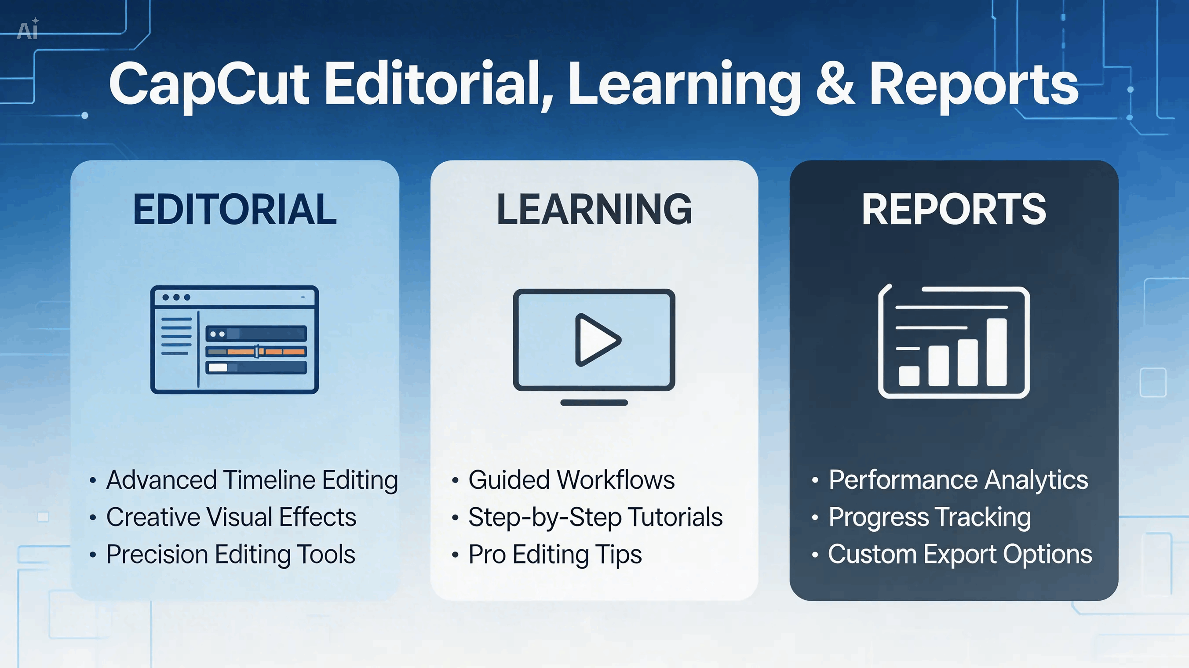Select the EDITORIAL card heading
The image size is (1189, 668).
tap(235, 210)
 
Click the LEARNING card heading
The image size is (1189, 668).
tap(594, 210)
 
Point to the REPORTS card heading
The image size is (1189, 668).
tap(954, 210)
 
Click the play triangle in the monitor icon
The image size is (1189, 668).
tap(597, 340)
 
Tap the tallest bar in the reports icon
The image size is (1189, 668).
tap(996, 352)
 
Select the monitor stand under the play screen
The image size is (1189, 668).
tap(594, 403)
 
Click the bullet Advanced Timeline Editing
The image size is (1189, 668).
tap(252, 480)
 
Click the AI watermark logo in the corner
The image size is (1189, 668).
tap(27, 29)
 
